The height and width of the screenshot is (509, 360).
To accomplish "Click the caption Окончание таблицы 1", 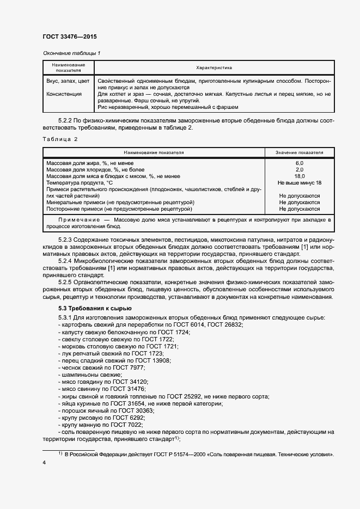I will [x=71, y=53].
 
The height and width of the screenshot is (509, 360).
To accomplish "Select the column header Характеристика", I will [x=213, y=68].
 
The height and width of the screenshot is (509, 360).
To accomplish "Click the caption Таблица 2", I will [x=60, y=139].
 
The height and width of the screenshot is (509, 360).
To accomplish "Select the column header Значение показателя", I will [x=299, y=153].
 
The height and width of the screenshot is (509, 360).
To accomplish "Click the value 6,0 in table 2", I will [x=299, y=163].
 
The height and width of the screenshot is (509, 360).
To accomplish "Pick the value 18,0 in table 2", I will [x=299, y=176].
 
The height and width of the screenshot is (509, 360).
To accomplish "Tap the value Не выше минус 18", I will [x=299, y=183].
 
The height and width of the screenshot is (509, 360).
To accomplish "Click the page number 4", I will [x=44, y=462].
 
